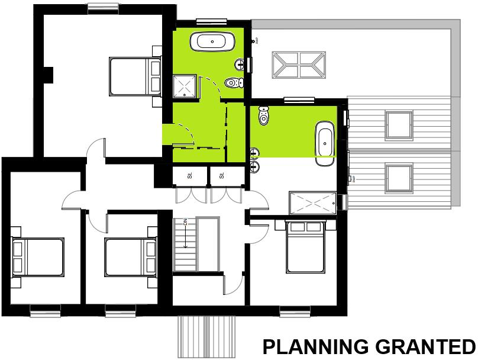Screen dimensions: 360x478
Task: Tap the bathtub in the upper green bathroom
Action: pos(212,43)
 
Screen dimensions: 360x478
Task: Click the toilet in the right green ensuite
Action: pos(263,116)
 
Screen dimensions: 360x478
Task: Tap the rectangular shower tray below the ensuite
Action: pos(312,204)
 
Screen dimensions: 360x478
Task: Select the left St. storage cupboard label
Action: pos(190,176)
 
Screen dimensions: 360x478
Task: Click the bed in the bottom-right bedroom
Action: pos(305,247)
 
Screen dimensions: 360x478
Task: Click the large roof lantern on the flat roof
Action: pos(299,65)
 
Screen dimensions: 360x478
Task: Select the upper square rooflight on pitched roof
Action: pos(398,124)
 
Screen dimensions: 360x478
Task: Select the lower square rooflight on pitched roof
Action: pos(398,178)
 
